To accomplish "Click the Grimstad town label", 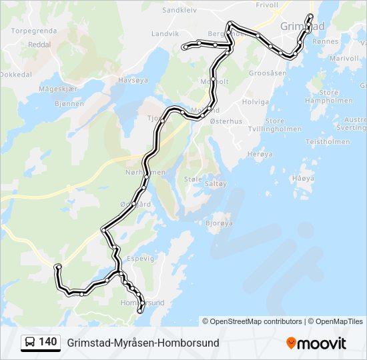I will [x=302, y=26].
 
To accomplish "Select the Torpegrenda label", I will [x=33, y=31].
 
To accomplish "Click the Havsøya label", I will [x=131, y=79].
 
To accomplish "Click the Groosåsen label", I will [x=267, y=72].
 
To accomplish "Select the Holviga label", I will [x=255, y=102].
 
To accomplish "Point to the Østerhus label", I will [x=226, y=121].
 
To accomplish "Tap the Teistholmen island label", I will [x=328, y=141].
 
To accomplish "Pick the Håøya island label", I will [x=303, y=178].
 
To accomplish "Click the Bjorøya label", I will [x=219, y=223].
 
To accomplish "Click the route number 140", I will [x=48, y=342].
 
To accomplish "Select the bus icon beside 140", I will [x=30, y=343].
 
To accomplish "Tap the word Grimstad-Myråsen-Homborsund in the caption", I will [x=143, y=343].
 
